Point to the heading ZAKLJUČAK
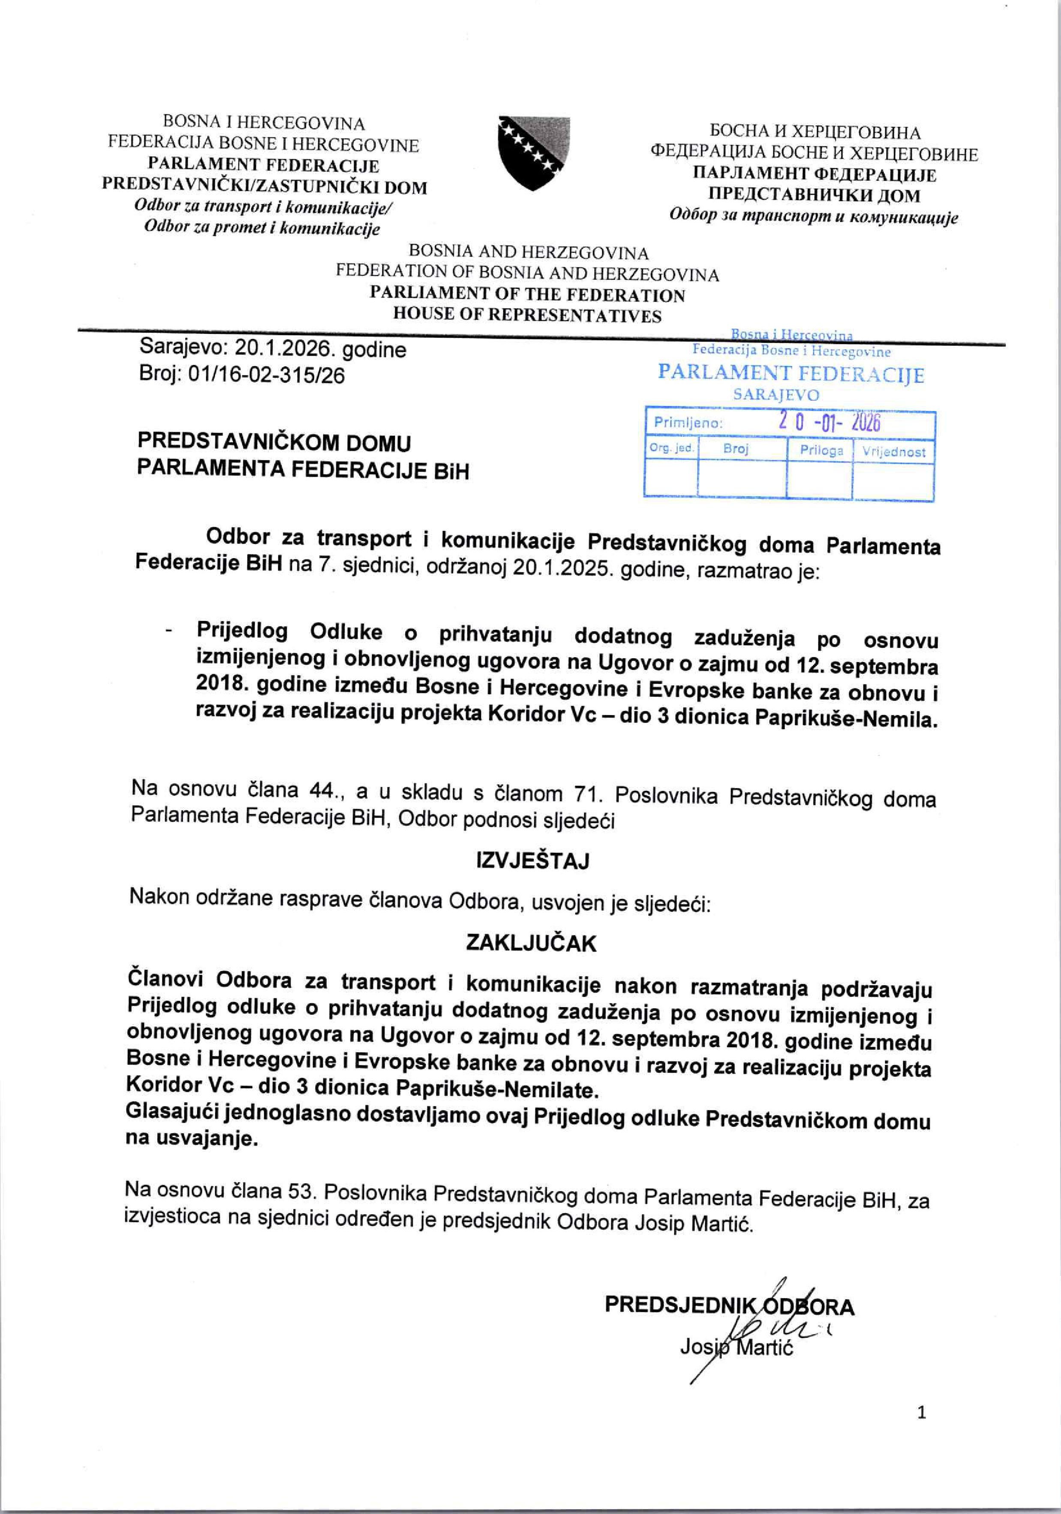(x=531, y=943)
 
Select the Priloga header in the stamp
(x=821, y=451)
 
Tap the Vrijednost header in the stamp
(x=894, y=452)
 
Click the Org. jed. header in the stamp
(x=671, y=448)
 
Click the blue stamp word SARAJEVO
(x=776, y=395)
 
